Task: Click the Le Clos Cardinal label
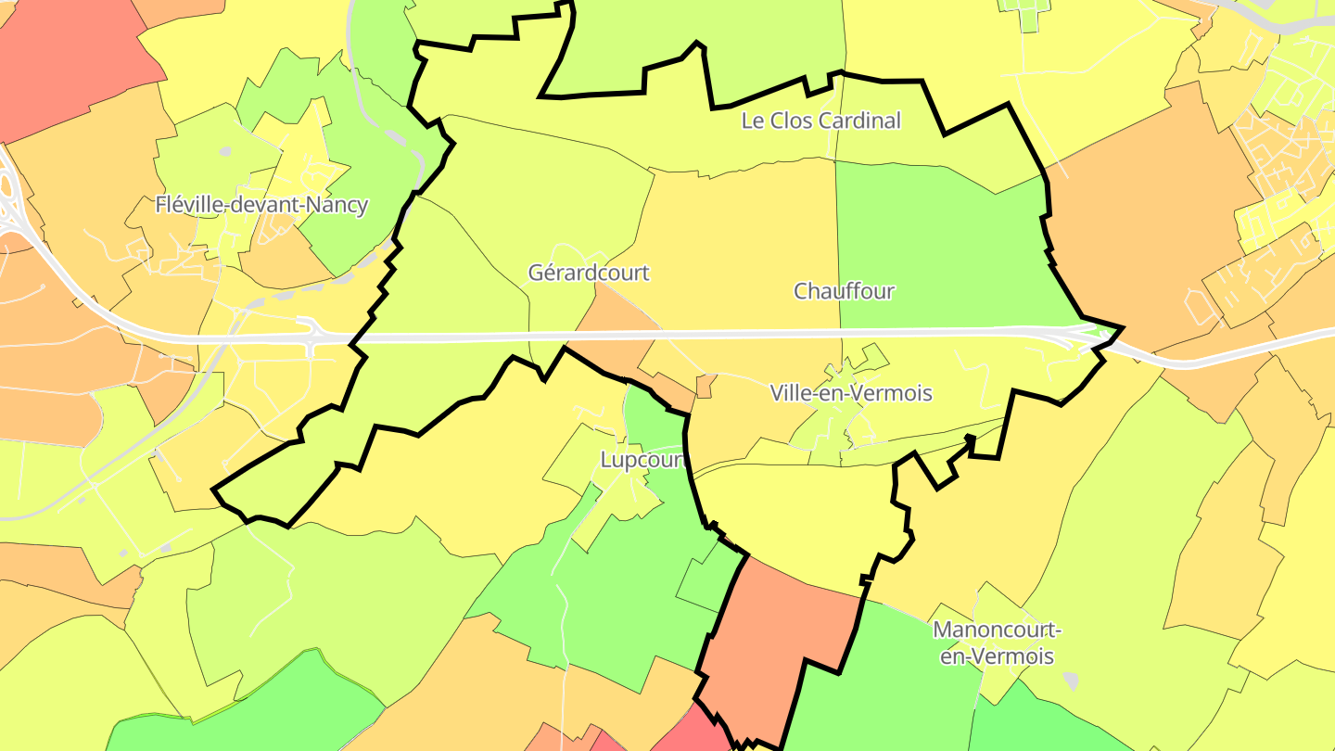[820, 121]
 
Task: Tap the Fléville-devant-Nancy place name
[261, 205]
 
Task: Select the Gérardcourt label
[589, 274]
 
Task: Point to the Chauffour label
[844, 291]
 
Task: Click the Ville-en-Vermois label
[851, 393]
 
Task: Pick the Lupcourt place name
[642, 460]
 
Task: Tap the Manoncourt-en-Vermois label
[996, 643]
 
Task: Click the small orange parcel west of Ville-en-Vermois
[706, 386]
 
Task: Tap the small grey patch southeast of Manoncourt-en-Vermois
[1072, 681]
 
